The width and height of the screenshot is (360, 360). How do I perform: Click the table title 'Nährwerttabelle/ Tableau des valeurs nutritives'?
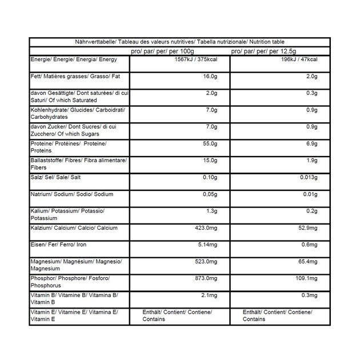[179, 42]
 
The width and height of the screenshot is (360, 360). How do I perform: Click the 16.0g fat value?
[210, 76]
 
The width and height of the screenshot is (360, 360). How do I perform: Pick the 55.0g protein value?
[210, 143]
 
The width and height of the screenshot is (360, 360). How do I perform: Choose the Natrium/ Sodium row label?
[71, 194]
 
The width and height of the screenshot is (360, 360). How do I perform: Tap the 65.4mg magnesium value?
[307, 262]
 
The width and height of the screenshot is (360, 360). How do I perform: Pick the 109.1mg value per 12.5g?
[306, 278]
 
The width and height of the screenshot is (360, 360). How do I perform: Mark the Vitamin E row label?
[74, 315]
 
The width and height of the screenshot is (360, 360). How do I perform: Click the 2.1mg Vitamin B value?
[209, 295]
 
